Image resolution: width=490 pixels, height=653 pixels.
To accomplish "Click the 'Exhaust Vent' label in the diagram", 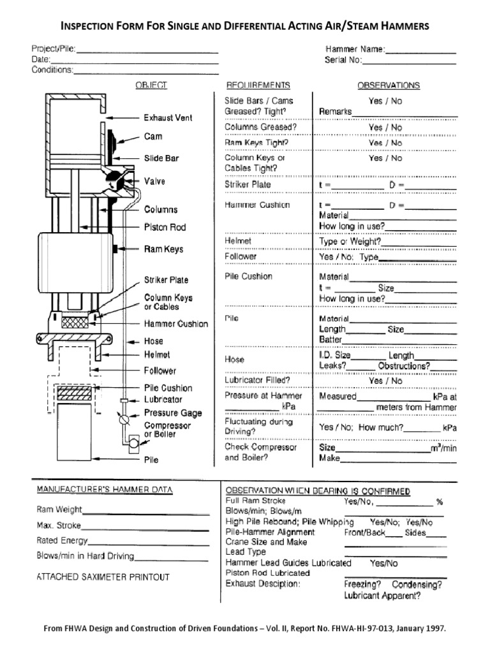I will [168, 118].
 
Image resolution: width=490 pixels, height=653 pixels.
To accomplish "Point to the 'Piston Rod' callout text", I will [165, 227].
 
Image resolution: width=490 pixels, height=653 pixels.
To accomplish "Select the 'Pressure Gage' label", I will [172, 413].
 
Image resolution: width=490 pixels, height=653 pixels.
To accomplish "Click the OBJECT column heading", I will [151, 85].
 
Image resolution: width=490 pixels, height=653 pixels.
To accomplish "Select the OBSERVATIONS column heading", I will [388, 85].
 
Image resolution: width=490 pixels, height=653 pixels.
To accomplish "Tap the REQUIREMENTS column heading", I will [258, 85].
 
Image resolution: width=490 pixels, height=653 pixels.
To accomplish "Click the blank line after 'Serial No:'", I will [410, 61].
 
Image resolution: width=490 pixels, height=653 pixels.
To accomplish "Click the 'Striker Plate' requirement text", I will [248, 184].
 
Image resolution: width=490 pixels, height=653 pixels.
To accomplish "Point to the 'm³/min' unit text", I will [443, 448].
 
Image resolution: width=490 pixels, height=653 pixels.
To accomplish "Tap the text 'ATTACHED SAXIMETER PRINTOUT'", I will [103, 577].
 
